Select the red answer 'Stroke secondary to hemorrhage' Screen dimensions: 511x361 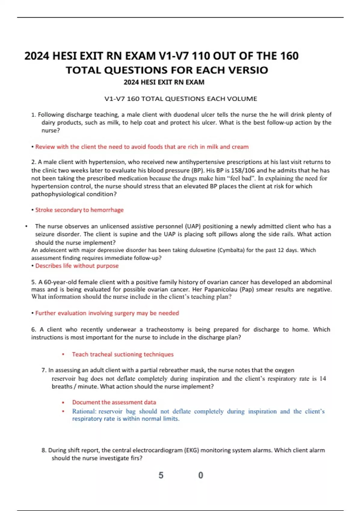[79, 210]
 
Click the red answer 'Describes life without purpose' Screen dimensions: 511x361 [77, 266]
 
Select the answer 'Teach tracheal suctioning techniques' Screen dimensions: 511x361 [123, 354]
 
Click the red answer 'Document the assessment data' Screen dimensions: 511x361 [114, 402]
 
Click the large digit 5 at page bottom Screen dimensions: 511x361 [161, 475]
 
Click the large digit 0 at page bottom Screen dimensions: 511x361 [201, 475]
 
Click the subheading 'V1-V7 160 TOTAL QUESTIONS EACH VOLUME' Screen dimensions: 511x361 [180, 99]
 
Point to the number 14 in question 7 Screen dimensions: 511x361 [322, 378]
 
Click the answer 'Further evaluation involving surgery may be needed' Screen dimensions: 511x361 [107, 313]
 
